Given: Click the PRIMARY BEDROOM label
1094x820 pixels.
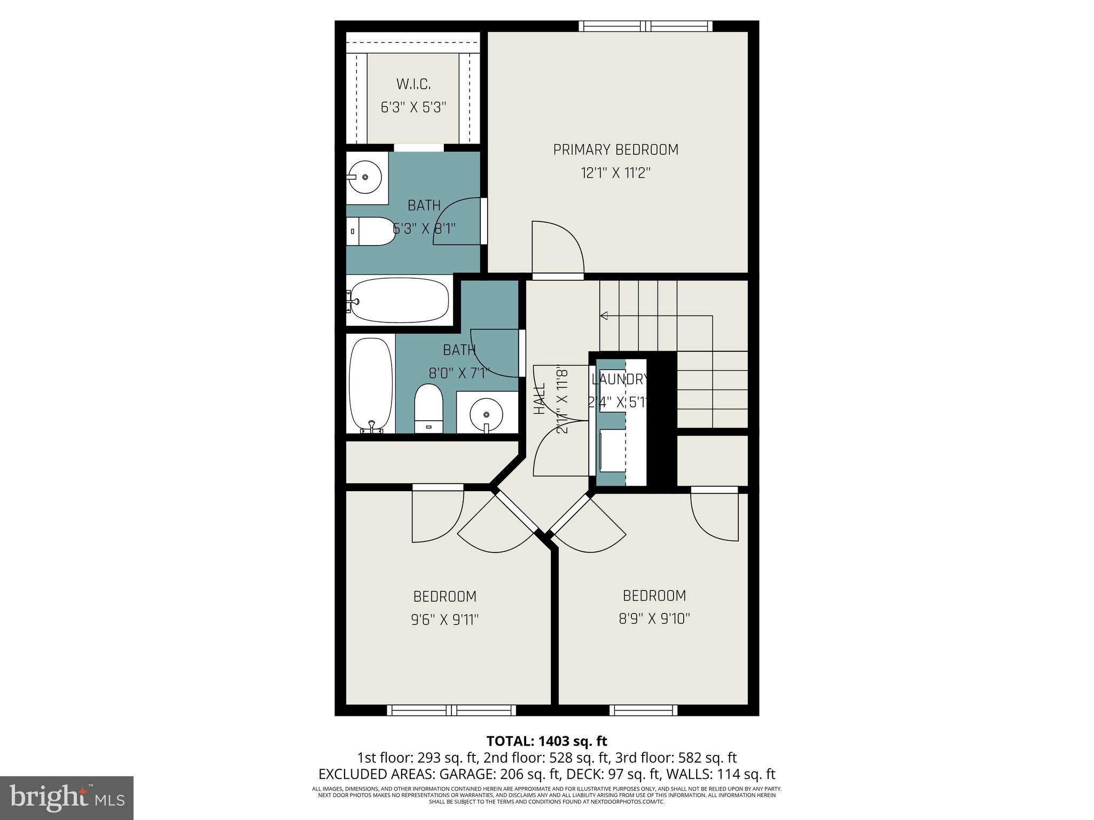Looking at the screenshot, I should coord(615,150).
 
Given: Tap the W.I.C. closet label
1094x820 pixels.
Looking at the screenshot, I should coord(413,84).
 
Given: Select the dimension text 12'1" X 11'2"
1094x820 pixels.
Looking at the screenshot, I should coord(615,174).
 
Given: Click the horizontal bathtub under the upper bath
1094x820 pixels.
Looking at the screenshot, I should coord(400,301).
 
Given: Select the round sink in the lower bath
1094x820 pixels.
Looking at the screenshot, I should coord(486,413).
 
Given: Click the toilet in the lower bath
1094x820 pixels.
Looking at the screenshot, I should coord(429,408).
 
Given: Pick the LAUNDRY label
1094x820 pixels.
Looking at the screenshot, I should coord(620,380).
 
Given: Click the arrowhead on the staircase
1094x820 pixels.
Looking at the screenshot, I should coord(604,316).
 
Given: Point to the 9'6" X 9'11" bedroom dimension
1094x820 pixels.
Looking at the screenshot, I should coord(444,620).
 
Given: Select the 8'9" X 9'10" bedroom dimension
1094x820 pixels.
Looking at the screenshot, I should coord(654,619).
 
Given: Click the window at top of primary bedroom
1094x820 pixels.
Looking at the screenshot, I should coord(646,26).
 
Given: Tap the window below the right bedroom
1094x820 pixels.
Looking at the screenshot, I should coord(643,710).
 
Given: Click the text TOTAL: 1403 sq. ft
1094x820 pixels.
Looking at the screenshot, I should coord(546,741).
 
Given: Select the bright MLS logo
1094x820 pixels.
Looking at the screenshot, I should coord(66,798).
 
